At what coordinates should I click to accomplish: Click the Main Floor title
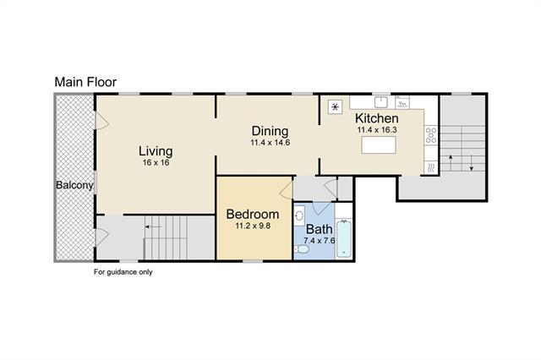point(85,82)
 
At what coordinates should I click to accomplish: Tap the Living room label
point(156,151)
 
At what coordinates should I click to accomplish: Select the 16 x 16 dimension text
point(156,163)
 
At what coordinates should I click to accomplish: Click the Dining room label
point(270,131)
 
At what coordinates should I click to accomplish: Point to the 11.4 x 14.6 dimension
point(270,143)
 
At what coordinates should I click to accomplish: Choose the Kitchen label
point(377,118)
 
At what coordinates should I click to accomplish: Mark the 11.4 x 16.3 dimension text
point(377,130)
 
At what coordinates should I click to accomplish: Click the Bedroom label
point(253,214)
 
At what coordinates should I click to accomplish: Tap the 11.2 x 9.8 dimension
point(253,226)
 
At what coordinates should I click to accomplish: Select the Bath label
point(320,229)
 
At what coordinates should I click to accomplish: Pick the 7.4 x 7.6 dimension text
point(320,241)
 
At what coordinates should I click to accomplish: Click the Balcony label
point(74,185)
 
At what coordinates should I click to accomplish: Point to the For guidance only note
point(123,272)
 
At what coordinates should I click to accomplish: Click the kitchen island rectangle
point(379,145)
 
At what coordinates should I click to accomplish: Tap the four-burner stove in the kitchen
point(431,135)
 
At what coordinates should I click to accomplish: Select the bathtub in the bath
point(344,238)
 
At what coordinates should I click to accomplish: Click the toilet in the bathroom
point(302,249)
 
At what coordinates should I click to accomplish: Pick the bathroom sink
point(299,215)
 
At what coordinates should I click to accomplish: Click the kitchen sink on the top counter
point(381,102)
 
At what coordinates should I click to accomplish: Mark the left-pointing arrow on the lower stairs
point(153,226)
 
